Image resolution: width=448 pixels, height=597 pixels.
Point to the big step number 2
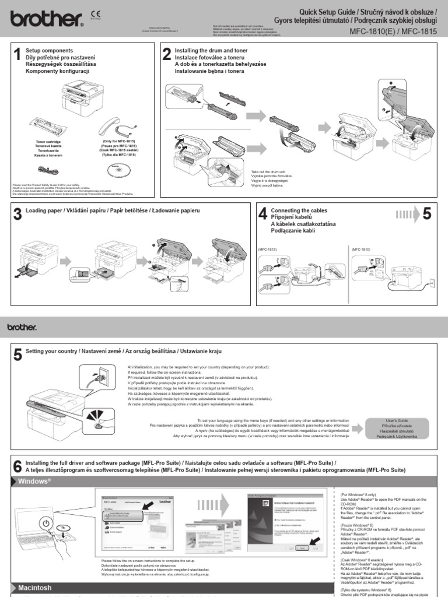tap(166, 55)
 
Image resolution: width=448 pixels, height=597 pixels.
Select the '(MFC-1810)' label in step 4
tap(361, 248)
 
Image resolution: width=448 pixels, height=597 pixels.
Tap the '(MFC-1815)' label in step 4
tap(268, 248)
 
